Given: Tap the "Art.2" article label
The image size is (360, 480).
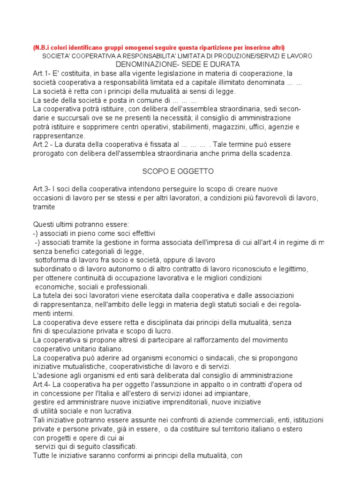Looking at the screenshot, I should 41,145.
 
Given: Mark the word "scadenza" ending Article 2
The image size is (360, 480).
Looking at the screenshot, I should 277,153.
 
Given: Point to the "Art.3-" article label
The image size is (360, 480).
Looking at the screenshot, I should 43,189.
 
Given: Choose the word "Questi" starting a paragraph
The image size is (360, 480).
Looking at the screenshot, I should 44,224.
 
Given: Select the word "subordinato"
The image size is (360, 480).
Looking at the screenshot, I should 52,269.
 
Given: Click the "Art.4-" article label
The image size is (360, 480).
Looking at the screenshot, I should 43,384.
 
